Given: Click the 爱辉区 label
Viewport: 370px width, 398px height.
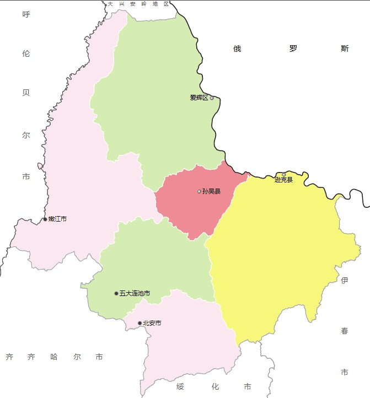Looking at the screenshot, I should [199, 98].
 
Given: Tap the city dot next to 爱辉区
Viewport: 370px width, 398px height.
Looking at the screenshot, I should [212, 98].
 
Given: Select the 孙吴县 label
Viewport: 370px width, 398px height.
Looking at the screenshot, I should [211, 192].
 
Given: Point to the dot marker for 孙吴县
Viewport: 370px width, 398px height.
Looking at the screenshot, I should [199, 191].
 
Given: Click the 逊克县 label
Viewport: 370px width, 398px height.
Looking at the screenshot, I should [283, 180].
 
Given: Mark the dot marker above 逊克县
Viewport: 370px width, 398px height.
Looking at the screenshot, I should [284, 175].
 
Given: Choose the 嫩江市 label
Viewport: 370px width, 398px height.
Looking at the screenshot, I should [57, 219].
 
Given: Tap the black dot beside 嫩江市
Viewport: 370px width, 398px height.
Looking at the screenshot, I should [45, 219].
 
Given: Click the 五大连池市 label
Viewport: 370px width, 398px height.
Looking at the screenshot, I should [135, 293].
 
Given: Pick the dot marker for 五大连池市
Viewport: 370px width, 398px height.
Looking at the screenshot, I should [116, 293].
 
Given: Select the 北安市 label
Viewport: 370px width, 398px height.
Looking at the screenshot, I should [152, 323].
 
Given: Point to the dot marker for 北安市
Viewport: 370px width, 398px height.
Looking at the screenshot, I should [140, 323].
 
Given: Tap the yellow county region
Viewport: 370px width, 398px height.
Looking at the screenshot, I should [276, 254].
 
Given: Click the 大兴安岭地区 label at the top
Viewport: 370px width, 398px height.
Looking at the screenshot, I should [138, 4].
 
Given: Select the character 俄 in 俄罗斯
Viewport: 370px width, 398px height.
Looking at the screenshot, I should [237, 49].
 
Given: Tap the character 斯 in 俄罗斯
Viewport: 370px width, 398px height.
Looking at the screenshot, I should [345, 49].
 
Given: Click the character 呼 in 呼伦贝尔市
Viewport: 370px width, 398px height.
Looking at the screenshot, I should [26, 14].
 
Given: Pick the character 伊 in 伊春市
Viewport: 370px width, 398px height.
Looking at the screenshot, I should [345, 281].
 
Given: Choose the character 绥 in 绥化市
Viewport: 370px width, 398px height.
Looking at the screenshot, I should [180, 386].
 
